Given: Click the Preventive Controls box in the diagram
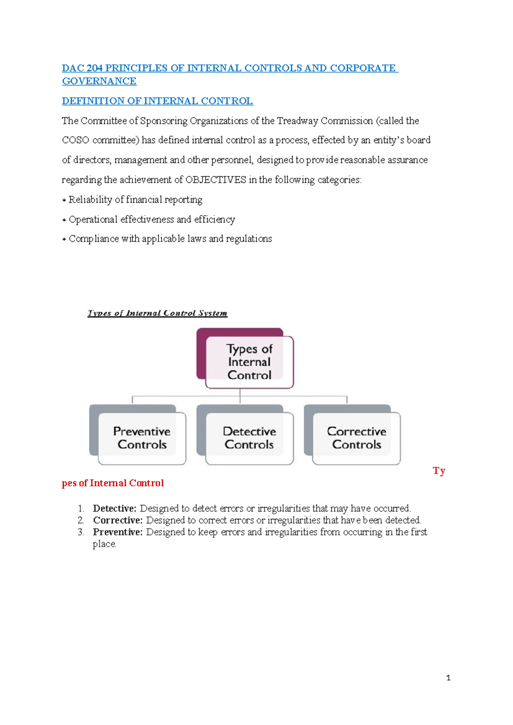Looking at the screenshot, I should [142, 438].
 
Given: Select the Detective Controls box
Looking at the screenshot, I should [249, 438].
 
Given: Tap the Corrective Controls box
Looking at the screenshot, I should [357, 438].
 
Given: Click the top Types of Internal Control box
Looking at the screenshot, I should [249, 362].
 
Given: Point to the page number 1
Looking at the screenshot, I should [448, 678].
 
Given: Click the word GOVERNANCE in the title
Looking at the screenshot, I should [99, 81].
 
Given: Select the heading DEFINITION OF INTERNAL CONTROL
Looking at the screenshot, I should [157, 101].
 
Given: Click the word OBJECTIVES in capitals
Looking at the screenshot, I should [215, 180].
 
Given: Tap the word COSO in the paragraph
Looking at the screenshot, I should [75, 140].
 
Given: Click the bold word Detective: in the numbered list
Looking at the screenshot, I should [115, 508].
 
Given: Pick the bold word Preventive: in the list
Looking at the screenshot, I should [118, 532].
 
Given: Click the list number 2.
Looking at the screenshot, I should [81, 520].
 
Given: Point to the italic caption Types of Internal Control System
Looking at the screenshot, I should [157, 313].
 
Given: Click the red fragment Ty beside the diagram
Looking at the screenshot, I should [439, 471].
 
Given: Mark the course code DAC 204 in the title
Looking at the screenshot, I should [82, 68].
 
